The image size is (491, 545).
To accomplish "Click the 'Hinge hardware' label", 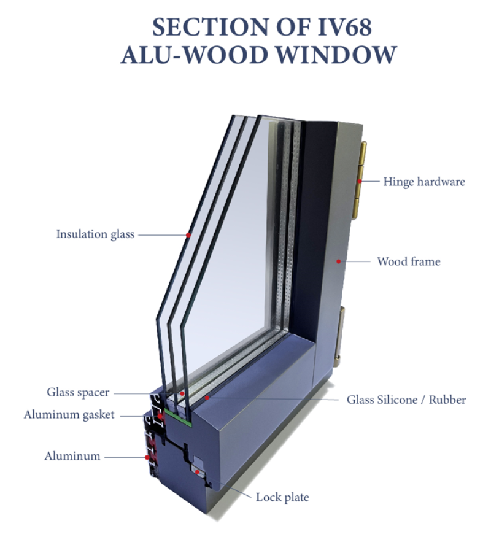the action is (x=424, y=182).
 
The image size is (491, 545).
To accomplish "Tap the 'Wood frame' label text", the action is (x=409, y=261).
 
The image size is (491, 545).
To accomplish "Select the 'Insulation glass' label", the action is (x=95, y=234).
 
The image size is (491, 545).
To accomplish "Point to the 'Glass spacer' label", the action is (x=78, y=392).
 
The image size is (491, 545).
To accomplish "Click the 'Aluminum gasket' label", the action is (x=69, y=415).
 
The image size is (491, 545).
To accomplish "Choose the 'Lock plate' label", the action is (x=282, y=497).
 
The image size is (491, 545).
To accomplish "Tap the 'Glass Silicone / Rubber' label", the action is (x=406, y=400).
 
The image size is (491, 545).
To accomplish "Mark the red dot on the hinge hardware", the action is (x=360, y=181).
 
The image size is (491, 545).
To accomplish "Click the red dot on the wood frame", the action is (x=338, y=261).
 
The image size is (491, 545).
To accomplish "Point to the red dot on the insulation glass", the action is (x=188, y=235).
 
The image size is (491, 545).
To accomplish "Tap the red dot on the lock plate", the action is (x=198, y=472).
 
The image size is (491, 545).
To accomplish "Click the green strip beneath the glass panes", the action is (x=178, y=417).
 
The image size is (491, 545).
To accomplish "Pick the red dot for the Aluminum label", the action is (x=147, y=457).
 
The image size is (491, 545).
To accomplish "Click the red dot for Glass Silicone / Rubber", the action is (x=207, y=397).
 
